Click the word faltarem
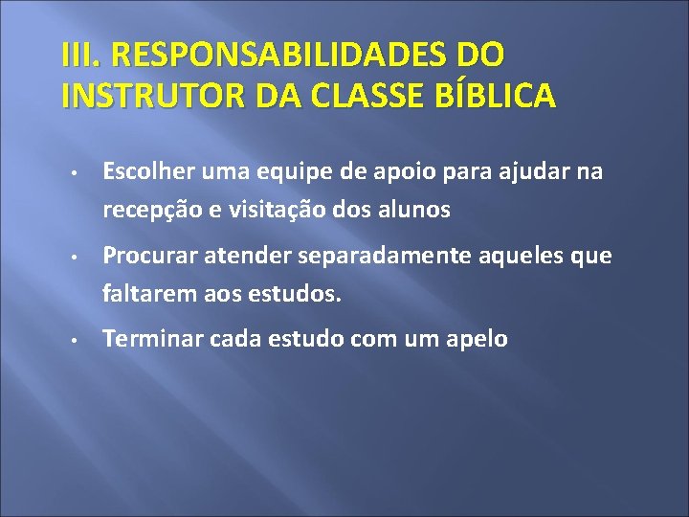tap(147, 295)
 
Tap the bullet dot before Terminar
tap(73, 340)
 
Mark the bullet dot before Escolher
tap(73, 173)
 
